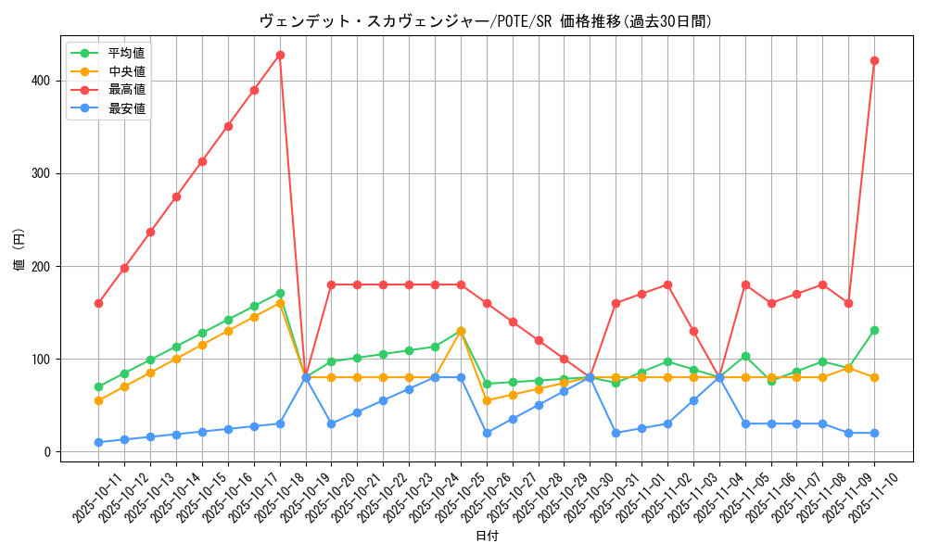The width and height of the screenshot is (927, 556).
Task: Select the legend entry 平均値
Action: (126, 53)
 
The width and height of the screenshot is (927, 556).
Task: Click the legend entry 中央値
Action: (126, 71)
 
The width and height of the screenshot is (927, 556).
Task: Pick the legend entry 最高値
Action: (126, 90)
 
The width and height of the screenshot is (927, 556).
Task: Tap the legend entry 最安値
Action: (126, 108)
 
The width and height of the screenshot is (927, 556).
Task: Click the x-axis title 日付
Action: (487, 537)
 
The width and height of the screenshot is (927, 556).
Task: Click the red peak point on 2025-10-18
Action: (280, 55)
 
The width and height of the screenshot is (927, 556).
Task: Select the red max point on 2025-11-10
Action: (874, 60)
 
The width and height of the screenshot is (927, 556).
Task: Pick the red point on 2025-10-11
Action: (98, 303)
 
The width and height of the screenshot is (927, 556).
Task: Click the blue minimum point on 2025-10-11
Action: (98, 442)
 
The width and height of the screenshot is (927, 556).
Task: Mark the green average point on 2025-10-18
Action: (280, 293)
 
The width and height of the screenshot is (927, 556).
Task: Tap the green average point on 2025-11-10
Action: (874, 330)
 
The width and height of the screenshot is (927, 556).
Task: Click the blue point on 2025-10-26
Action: (487, 433)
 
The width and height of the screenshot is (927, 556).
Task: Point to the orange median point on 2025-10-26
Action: (487, 400)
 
